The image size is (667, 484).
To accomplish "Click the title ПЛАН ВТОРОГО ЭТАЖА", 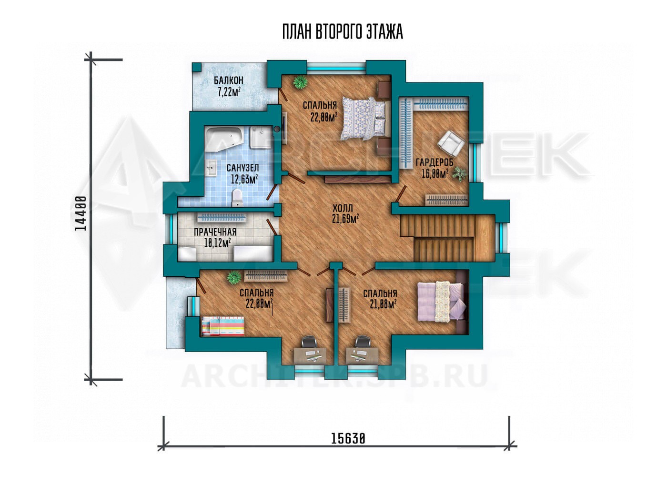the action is [343, 32].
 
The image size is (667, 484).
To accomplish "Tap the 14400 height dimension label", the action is [81, 213].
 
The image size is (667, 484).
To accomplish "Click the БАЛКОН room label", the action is [228, 80].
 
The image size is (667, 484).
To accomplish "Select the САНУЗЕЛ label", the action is [243, 168].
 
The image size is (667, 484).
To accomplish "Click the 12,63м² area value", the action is [244, 179].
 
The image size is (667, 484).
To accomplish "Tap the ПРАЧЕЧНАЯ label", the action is [215, 232].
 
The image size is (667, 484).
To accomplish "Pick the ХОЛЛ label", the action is [343, 208].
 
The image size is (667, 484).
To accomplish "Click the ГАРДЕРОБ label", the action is [435, 162].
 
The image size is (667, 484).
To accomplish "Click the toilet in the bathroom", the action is [237, 197].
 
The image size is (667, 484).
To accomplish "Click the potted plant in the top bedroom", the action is [299, 82].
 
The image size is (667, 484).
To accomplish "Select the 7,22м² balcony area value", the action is [229, 91].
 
